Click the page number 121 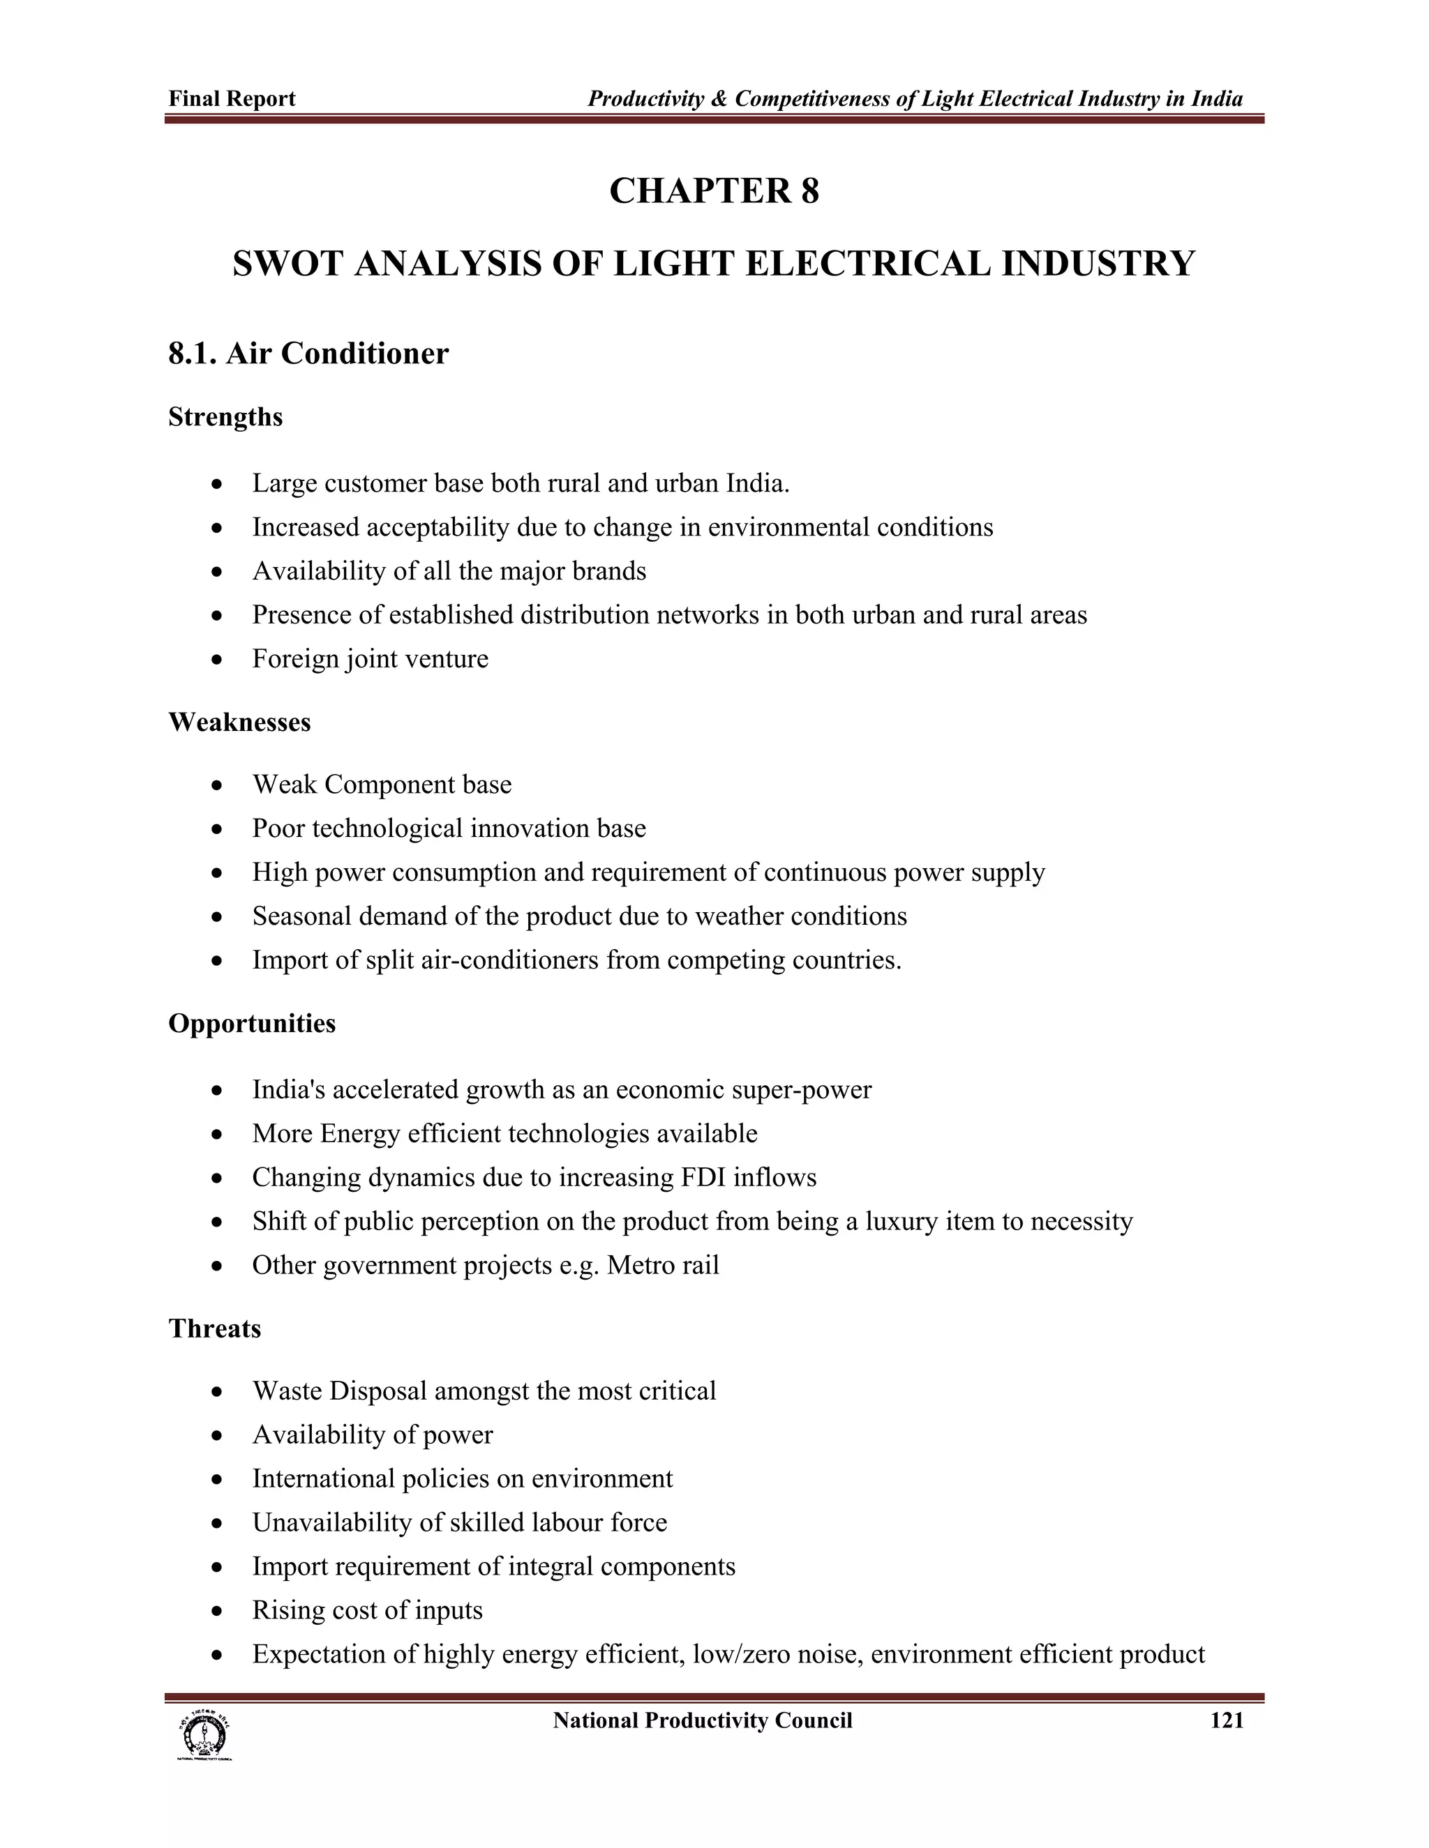pyautogui.click(x=1227, y=1720)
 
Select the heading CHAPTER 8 pyautogui.click(x=714, y=191)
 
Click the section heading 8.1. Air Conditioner pyautogui.click(x=308, y=353)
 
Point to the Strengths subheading pyautogui.click(x=225, y=417)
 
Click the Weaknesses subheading pyautogui.click(x=239, y=722)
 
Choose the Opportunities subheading pyautogui.click(x=251, y=1023)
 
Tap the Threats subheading pyautogui.click(x=214, y=1328)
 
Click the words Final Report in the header pyautogui.click(x=232, y=99)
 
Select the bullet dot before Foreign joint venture pyautogui.click(x=218, y=659)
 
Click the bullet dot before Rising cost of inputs pyautogui.click(x=218, y=1611)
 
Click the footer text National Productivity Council pyautogui.click(x=702, y=1720)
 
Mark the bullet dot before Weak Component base pyautogui.click(x=218, y=785)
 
